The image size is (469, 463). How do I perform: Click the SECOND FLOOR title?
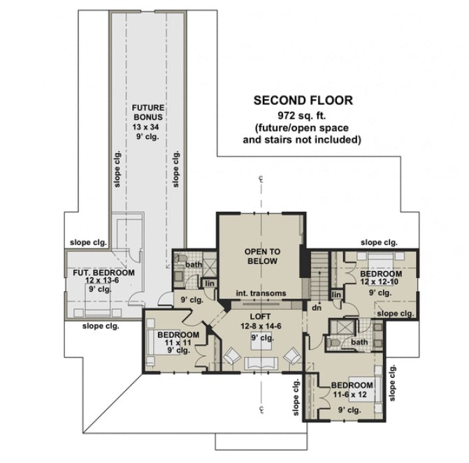click(303, 101)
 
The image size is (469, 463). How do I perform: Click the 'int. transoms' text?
click(261, 293)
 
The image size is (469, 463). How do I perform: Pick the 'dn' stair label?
click(316, 307)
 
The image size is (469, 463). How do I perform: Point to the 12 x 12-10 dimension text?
click(382, 282)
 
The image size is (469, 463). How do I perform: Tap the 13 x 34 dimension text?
click(147, 127)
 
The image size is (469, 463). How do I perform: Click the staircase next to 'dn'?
click(318, 277)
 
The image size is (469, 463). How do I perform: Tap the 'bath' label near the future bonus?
click(194, 265)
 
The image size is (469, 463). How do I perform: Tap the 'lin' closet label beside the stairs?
click(336, 295)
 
